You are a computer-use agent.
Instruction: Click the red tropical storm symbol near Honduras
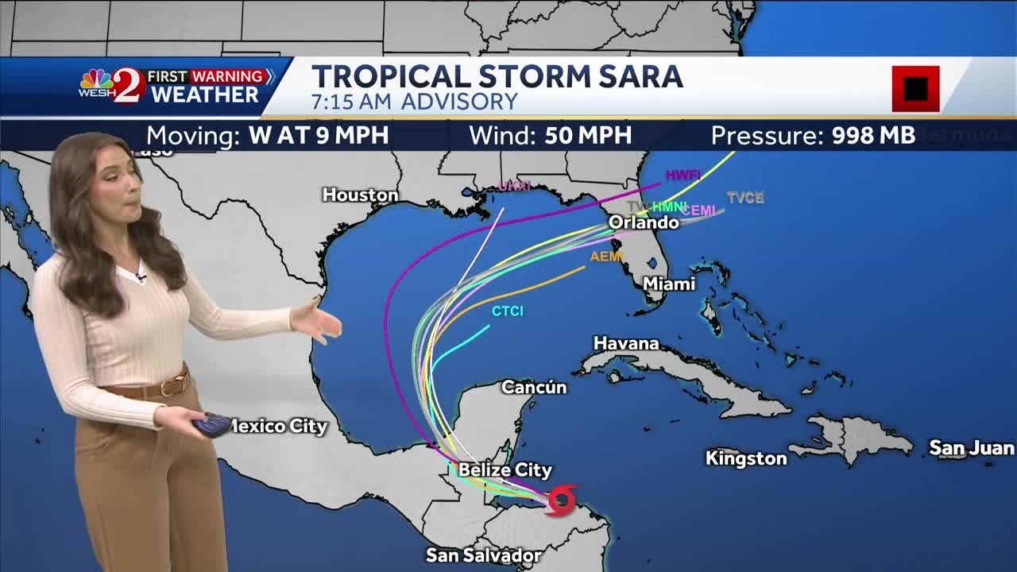[562, 500]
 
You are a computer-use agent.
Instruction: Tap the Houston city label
[360, 195]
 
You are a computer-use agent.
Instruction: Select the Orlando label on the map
[644, 222]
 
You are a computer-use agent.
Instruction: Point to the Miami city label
[668, 284]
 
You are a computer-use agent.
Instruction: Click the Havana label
[626, 343]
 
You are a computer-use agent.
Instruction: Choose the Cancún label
[534, 387]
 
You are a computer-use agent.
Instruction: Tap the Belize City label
[505, 470]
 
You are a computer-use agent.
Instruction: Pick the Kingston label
[745, 458]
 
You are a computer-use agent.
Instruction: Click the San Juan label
[971, 448]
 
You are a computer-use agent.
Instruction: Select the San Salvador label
[483, 555]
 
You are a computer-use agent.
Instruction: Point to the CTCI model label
[507, 311]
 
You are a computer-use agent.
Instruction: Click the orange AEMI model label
[606, 257]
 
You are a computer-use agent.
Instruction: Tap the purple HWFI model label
[683, 175]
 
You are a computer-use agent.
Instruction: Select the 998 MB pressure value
[873, 135]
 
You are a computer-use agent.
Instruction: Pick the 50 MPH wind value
[588, 135]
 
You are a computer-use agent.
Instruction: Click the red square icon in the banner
[915, 88]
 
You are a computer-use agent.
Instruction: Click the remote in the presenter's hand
[211, 425]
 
